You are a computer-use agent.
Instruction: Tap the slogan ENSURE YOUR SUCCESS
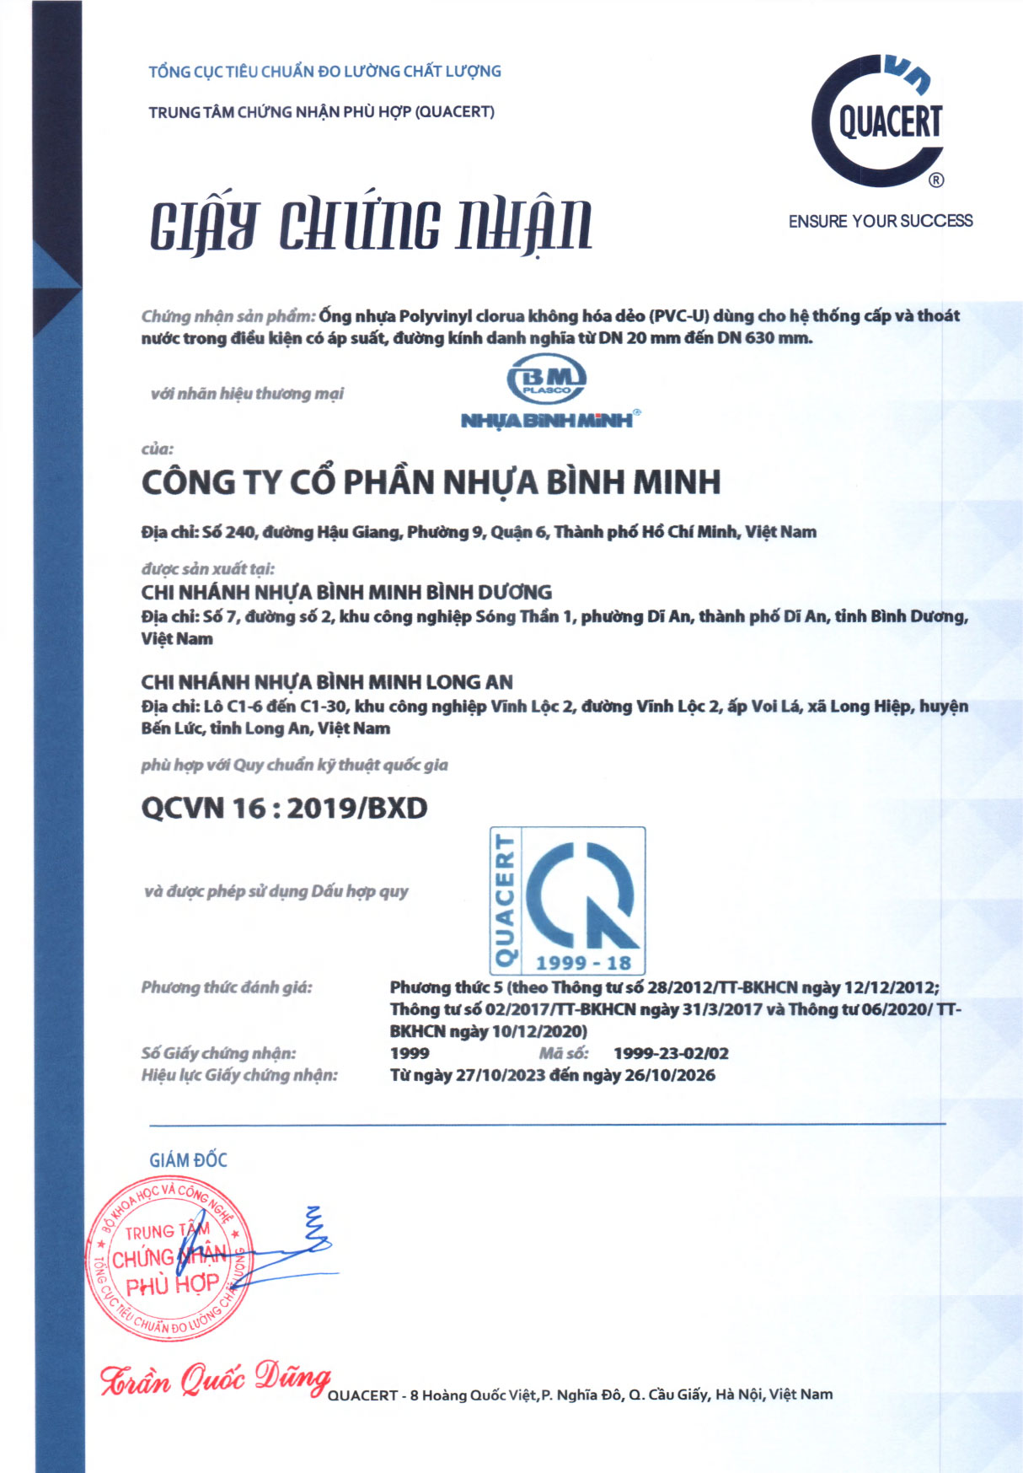[x=880, y=221]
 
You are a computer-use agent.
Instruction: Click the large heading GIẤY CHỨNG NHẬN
[x=371, y=226]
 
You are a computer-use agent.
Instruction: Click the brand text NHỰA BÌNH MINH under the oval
[x=548, y=420]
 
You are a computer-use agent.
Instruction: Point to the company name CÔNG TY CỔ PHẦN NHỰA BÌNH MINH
[x=431, y=482]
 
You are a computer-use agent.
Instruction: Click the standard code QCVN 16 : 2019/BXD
[x=284, y=808]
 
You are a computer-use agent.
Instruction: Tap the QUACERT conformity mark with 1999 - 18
[x=568, y=900]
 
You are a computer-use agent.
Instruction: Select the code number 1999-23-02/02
[x=671, y=1053]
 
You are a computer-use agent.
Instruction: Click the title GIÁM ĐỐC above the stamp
[x=188, y=1160]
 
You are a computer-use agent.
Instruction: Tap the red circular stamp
[x=169, y=1262]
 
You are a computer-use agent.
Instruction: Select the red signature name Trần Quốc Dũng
[x=215, y=1380]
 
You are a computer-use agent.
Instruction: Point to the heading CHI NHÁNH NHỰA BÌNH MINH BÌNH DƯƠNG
[x=346, y=592]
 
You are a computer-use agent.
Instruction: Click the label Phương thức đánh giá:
[x=227, y=987]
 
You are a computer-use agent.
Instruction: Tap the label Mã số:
[x=563, y=1053]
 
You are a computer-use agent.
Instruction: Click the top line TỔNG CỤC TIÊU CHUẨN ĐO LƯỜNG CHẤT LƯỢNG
[x=324, y=72]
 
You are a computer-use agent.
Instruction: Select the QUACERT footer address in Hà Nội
[x=580, y=1395]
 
